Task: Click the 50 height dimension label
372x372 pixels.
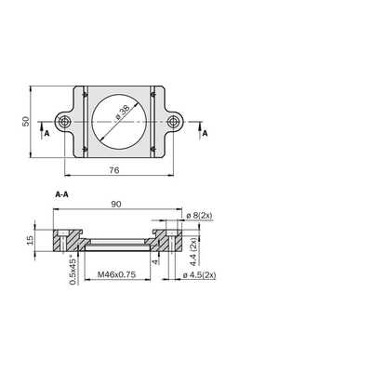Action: (x=26, y=121)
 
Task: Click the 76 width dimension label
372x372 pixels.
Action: (x=114, y=170)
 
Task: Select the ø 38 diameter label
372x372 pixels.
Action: (x=122, y=113)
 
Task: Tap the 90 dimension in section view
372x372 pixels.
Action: (x=116, y=204)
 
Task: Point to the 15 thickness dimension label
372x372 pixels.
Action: (x=30, y=240)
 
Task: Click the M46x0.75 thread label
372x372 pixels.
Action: (x=117, y=274)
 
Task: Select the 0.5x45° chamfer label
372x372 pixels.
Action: (x=73, y=270)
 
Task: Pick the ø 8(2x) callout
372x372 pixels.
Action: (x=200, y=215)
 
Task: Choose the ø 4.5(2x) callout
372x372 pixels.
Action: (x=199, y=275)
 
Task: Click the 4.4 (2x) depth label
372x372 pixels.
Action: (x=193, y=251)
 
